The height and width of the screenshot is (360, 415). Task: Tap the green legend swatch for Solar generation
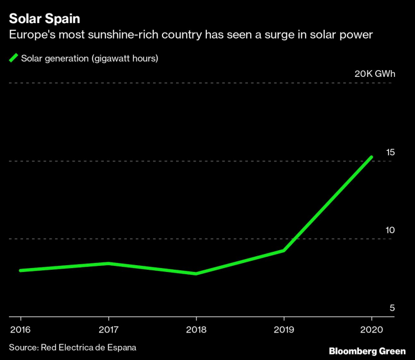(x=13, y=58)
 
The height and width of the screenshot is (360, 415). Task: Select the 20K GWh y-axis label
(x=374, y=74)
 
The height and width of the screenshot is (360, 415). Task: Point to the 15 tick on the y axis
(x=390, y=152)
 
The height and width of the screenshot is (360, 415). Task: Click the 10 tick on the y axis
(x=390, y=230)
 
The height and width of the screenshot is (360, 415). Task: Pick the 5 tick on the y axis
(x=392, y=308)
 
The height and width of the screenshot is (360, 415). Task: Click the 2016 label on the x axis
(x=20, y=329)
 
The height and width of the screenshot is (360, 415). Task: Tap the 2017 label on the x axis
(x=108, y=329)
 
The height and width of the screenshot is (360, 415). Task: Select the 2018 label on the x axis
(x=196, y=329)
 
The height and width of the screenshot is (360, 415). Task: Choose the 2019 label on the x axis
(x=284, y=329)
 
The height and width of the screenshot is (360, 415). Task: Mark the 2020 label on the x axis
(x=372, y=329)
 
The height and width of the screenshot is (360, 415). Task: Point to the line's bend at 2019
(x=284, y=250)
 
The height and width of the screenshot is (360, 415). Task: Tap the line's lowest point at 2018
(x=196, y=274)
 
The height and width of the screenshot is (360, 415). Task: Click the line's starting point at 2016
(x=21, y=270)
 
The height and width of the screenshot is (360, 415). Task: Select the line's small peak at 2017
(x=108, y=264)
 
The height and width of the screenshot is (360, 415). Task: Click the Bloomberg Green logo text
(x=367, y=351)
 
